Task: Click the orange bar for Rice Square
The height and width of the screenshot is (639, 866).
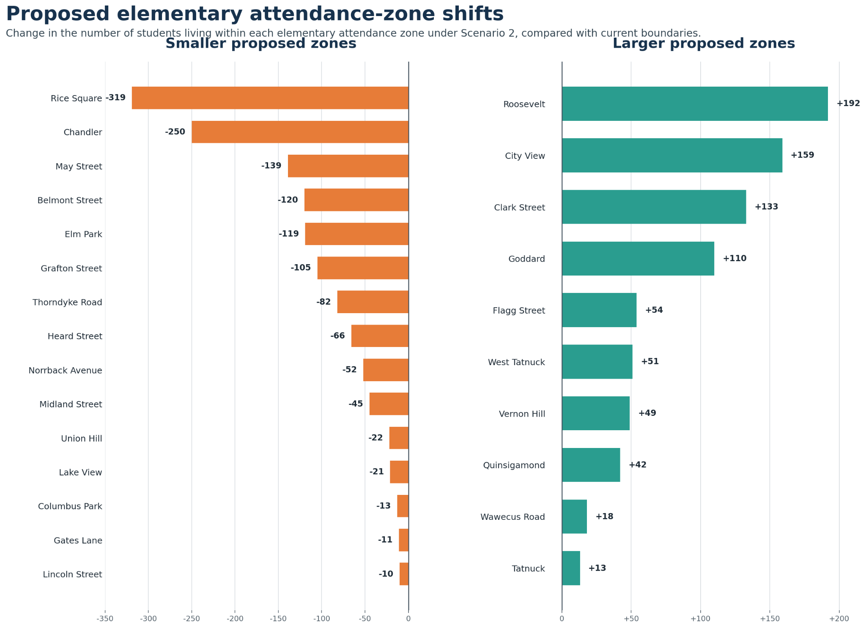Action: (270, 98)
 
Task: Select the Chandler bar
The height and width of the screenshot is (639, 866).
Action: (300, 132)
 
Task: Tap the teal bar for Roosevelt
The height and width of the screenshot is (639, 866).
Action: (695, 104)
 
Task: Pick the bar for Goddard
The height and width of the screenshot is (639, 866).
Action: (638, 259)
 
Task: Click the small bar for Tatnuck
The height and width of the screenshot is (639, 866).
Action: (571, 568)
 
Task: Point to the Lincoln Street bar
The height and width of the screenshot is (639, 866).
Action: (404, 574)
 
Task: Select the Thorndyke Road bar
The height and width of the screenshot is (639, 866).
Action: (373, 302)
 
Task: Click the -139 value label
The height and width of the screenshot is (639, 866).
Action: (271, 166)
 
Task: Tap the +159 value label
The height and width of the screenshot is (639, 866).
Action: (802, 155)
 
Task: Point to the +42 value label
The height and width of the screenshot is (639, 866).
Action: (638, 465)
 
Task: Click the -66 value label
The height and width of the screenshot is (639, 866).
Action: (337, 336)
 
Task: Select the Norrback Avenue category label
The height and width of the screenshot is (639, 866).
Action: (66, 371)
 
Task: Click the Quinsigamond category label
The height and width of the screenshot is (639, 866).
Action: (514, 466)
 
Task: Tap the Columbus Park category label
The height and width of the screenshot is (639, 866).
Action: (70, 506)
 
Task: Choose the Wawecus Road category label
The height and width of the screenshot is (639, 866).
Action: (513, 517)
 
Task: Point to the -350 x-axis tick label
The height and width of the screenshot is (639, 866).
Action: (105, 619)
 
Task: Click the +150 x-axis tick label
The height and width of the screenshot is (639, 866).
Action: (770, 619)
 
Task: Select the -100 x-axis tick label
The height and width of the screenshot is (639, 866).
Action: (321, 619)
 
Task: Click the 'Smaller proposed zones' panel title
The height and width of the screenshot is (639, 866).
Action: (261, 44)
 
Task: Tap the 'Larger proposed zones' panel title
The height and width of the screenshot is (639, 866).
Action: (704, 44)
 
